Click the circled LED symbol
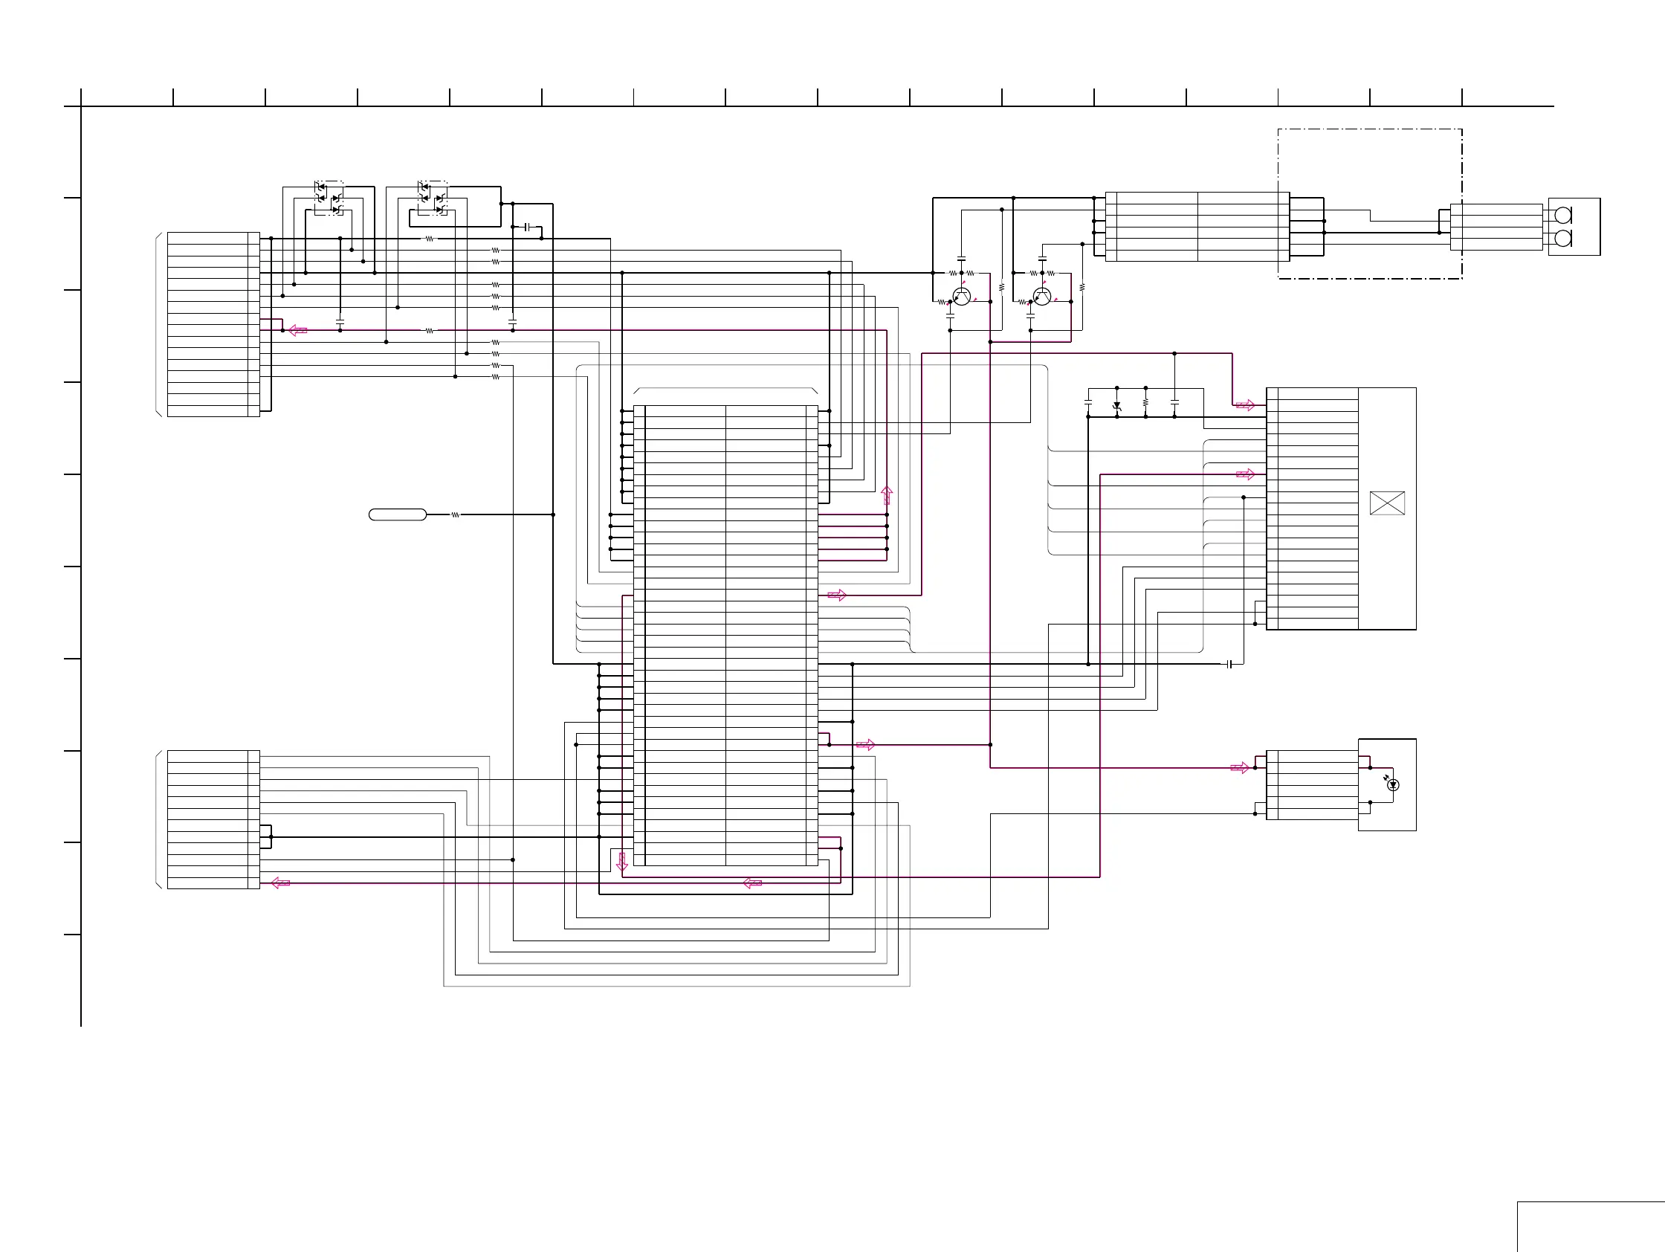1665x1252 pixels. tap(1393, 785)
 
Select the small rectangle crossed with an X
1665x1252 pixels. tap(1387, 503)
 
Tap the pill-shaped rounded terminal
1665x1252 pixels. tap(398, 515)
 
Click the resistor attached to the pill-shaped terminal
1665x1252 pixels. tap(456, 515)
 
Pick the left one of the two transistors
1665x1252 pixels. tap(961, 296)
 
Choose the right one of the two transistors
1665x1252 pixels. tap(1042, 296)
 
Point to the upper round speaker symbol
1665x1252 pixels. tap(1562, 216)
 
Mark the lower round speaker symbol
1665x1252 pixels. tap(1562, 239)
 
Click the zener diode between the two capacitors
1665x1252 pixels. tap(1117, 406)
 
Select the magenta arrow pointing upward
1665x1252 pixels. tap(887, 494)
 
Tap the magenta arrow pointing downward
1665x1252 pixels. tap(621, 861)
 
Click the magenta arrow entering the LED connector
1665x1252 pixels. tap(1240, 768)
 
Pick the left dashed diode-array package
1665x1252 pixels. tap(329, 197)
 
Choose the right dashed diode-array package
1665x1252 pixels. tap(432, 197)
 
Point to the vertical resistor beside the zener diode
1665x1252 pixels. tap(1145, 403)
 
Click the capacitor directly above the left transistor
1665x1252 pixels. tap(961, 259)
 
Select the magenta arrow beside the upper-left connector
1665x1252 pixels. tap(298, 331)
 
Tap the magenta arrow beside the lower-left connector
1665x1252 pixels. tap(280, 883)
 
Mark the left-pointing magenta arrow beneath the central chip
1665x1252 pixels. tap(752, 883)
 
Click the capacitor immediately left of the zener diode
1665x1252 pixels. tap(1087, 403)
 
